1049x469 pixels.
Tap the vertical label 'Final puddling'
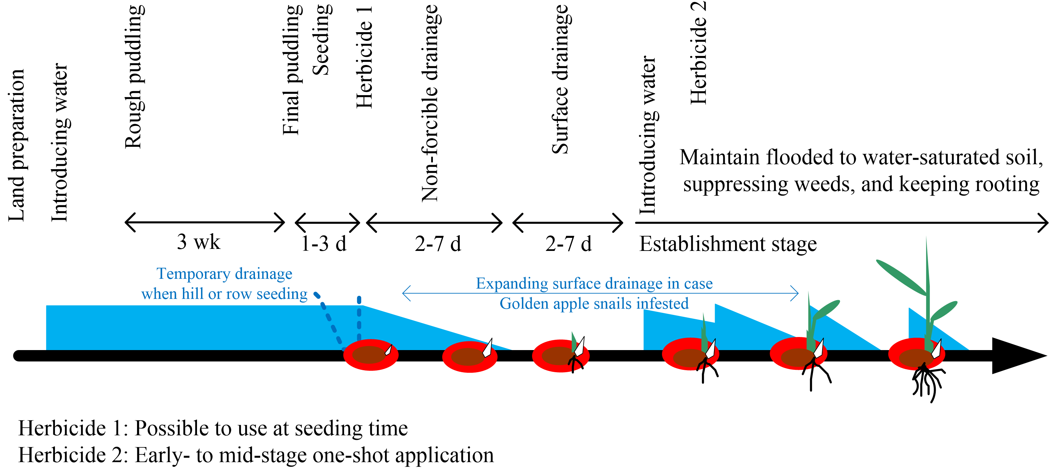tap(291, 70)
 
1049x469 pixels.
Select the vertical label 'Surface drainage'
tap(560, 79)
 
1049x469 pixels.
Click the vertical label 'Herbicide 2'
tap(699, 53)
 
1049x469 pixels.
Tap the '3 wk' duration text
tap(198, 242)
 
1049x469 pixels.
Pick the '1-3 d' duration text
tap(324, 244)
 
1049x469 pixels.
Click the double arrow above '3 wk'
tap(204, 222)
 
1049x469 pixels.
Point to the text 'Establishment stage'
tap(728, 244)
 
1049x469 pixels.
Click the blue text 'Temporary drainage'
tap(224, 274)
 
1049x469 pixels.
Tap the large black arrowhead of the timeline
tap(1014, 355)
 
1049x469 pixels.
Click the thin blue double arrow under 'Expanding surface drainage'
tap(600, 293)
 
